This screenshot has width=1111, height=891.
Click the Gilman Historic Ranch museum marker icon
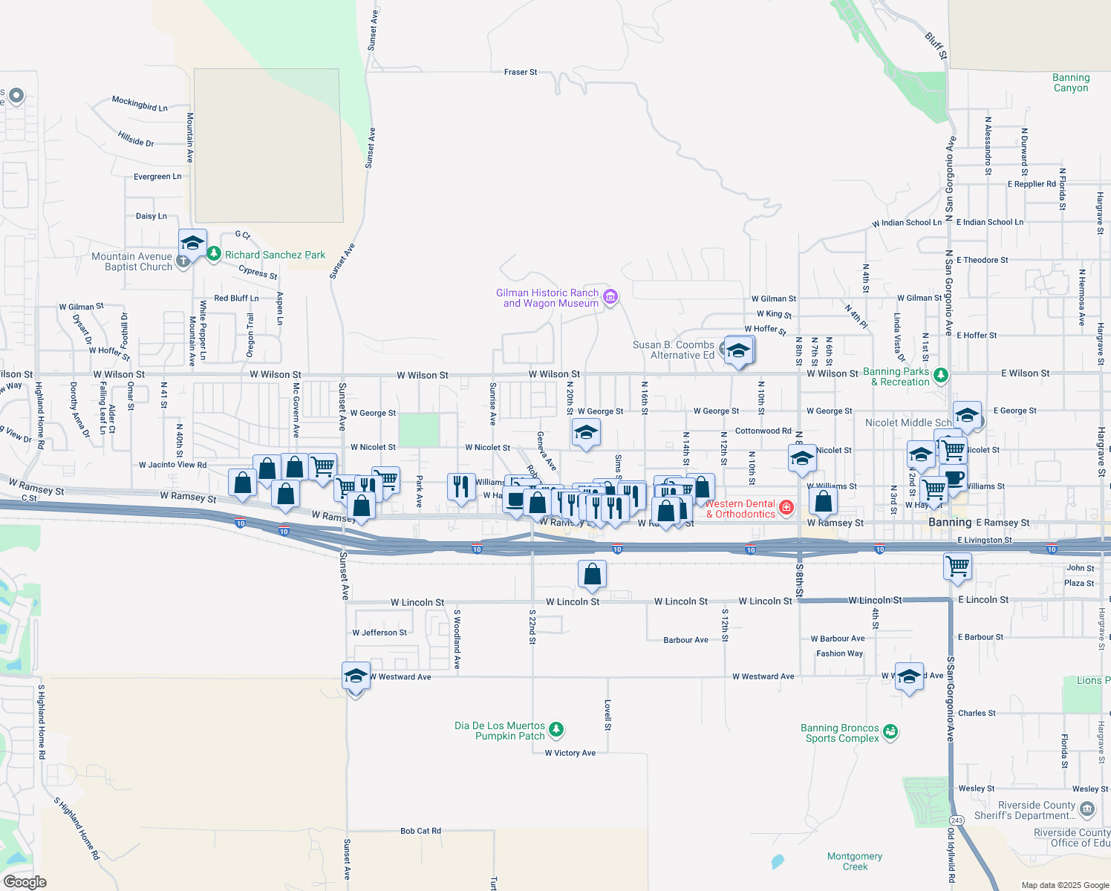[610, 298]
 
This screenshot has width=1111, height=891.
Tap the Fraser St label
[520, 72]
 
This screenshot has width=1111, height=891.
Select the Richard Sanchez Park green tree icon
[214, 254]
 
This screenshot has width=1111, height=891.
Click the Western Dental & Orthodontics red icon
[786, 508]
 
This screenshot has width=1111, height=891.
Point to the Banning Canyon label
[1071, 82]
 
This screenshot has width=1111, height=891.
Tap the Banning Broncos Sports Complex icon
[890, 732]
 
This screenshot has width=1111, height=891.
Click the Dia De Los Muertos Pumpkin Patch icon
[556, 731]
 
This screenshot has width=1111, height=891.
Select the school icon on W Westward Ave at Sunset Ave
[356, 676]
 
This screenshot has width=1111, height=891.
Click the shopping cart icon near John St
[957, 567]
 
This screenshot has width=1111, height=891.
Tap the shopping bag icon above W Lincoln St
[592, 574]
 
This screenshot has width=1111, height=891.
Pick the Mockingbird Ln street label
[140, 103]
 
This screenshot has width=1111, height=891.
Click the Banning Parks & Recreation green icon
[941, 375]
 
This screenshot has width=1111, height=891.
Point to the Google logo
[25, 881]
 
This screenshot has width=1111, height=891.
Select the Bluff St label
[936, 45]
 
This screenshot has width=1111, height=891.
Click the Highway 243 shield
[957, 820]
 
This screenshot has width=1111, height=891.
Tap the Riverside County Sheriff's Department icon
[1087, 809]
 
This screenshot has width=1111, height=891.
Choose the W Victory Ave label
[570, 753]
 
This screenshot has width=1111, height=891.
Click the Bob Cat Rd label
[420, 831]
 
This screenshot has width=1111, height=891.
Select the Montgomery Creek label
[855, 861]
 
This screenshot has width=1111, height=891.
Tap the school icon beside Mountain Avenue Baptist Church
[192, 243]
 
